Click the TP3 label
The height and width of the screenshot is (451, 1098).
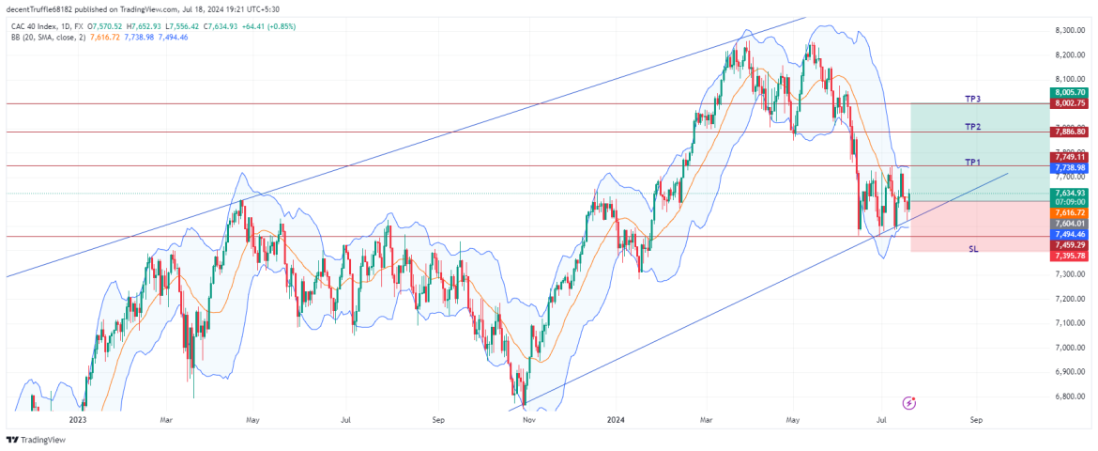(972, 98)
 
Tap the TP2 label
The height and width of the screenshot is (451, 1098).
(972, 126)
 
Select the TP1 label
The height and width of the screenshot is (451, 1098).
(972, 162)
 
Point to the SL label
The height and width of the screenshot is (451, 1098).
(973, 249)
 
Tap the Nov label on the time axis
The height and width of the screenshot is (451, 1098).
(528, 420)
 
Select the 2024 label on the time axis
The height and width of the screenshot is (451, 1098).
(616, 420)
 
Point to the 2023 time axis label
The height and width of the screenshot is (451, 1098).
(78, 420)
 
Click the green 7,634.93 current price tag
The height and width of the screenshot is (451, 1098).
(1070, 193)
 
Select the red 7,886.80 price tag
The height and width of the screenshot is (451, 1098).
(1070, 132)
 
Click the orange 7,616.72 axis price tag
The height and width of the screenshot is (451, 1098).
(1070, 213)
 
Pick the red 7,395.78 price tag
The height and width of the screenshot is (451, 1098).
(1070, 256)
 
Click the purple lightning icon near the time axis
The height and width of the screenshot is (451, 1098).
(908, 403)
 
